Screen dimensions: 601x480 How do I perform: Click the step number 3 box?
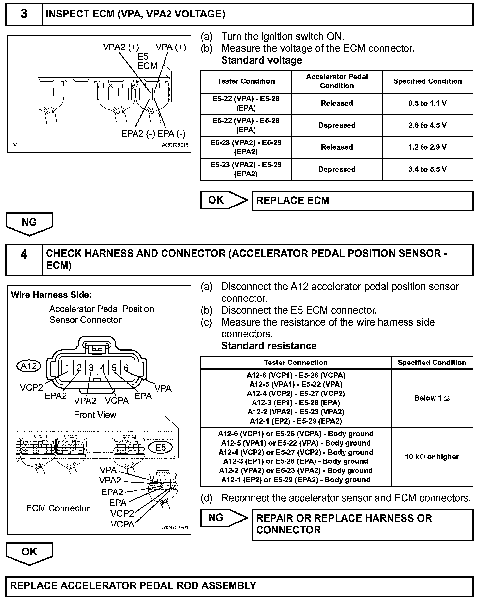(x=24, y=15)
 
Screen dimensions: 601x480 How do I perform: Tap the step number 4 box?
(x=24, y=260)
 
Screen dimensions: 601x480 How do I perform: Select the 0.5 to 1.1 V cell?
(x=427, y=104)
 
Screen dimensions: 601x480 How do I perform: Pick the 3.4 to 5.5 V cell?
(x=427, y=170)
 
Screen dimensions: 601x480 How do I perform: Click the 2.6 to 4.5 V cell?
(x=427, y=125)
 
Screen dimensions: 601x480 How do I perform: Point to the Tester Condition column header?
(x=246, y=81)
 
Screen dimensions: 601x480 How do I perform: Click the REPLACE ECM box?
(x=362, y=201)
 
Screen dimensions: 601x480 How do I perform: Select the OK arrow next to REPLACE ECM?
(x=224, y=200)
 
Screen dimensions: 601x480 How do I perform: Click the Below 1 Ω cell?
(x=432, y=398)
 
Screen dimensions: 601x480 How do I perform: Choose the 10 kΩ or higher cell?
(x=432, y=457)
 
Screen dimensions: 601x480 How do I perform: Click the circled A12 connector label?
(x=29, y=366)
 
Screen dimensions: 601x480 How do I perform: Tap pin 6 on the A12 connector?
(x=126, y=367)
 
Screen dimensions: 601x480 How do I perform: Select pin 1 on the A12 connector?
(x=67, y=367)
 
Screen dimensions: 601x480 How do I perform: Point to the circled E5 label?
(x=161, y=447)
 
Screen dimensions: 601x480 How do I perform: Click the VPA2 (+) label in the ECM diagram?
(x=121, y=47)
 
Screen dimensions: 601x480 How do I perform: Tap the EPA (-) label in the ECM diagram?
(x=171, y=134)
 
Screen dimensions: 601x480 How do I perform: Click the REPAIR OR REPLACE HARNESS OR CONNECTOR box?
(x=362, y=524)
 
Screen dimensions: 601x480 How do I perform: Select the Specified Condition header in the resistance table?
(x=432, y=363)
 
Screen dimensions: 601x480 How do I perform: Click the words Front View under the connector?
(x=95, y=415)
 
